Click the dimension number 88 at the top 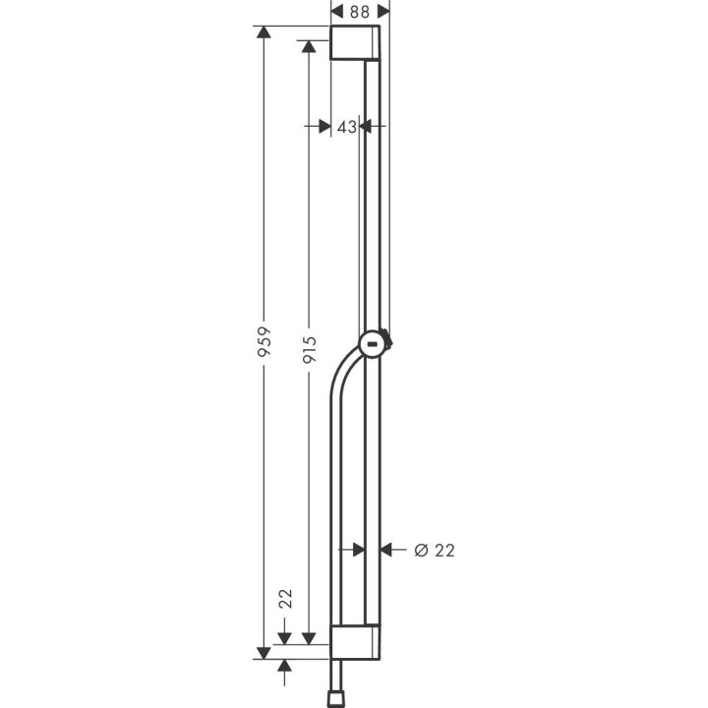coord(360,13)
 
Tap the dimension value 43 coord(345,127)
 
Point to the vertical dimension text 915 coord(309,345)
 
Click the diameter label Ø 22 coord(434,551)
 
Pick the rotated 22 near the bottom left coord(285,599)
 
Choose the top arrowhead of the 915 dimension coord(309,47)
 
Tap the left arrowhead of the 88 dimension coord(336,13)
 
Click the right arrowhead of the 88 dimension coord(384,13)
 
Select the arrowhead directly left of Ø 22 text coord(386,551)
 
